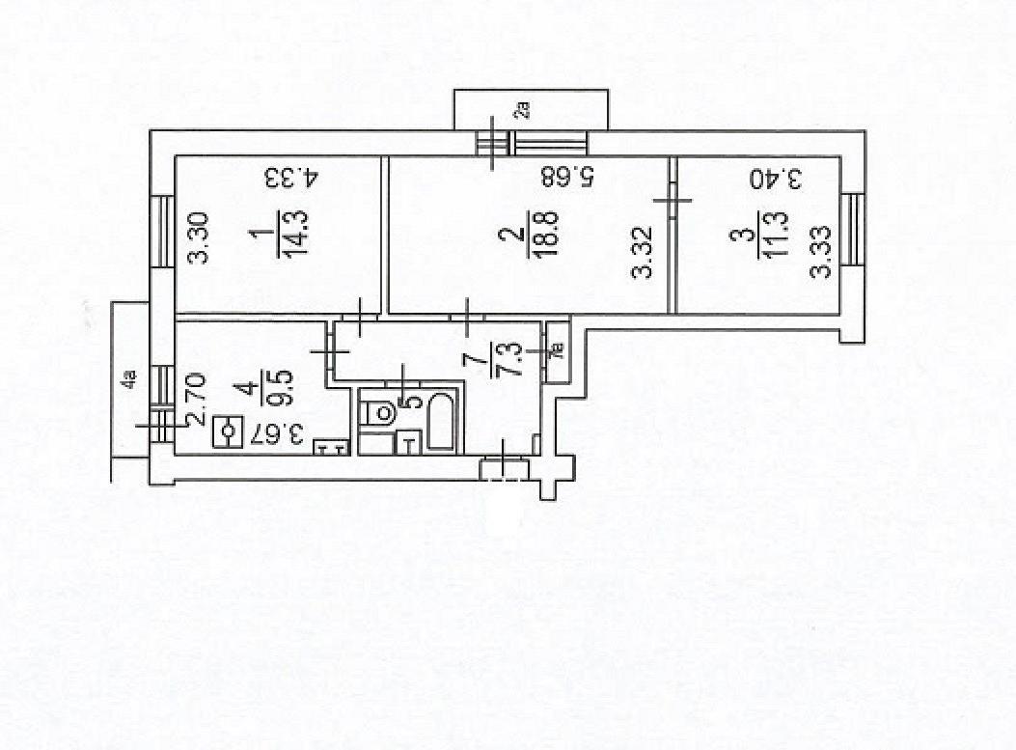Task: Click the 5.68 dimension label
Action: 567,178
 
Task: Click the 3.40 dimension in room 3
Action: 778,179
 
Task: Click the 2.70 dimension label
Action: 195,398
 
